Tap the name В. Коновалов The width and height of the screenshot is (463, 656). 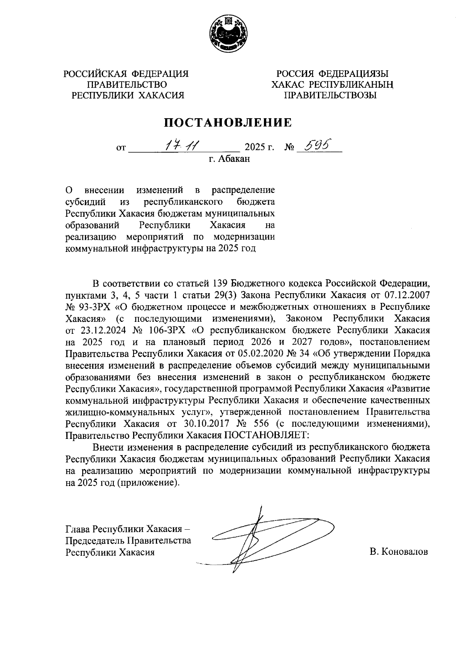pos(399,552)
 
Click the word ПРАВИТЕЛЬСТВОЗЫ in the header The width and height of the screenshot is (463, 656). pos(330,95)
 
